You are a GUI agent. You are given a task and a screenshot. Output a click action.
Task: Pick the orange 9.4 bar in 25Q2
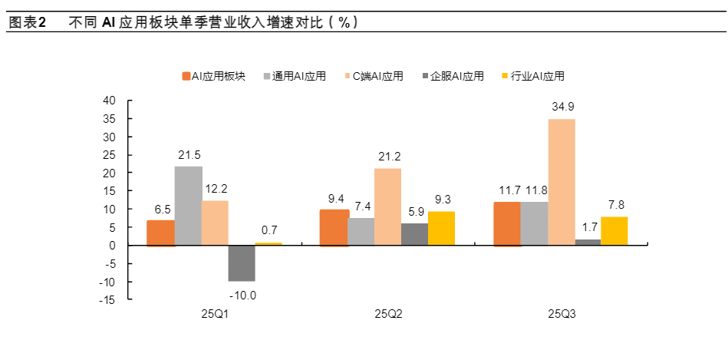coord(334,227)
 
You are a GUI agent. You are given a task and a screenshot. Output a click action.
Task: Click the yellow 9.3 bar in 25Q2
coord(441,228)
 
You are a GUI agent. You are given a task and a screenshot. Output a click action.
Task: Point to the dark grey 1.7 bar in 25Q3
coord(588,243)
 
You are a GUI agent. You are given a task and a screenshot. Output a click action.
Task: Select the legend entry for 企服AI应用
coord(453,76)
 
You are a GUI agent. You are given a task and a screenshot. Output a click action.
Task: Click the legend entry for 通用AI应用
coord(295,76)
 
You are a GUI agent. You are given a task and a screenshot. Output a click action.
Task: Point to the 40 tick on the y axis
coord(109,101)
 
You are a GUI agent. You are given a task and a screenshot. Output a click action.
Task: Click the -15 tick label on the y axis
coord(107,300)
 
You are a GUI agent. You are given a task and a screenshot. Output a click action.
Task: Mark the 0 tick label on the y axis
coord(112,246)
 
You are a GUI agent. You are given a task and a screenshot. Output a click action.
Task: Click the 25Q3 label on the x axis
coord(561,314)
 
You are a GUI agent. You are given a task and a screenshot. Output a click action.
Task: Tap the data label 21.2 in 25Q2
coord(388,157)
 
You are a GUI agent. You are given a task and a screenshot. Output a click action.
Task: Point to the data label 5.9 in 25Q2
coord(414,212)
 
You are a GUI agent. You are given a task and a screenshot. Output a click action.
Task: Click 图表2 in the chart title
coord(28,23)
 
